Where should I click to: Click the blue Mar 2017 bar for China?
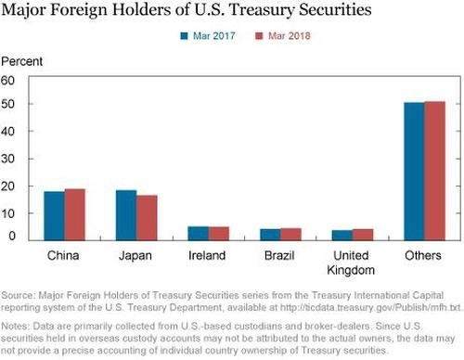click(x=54, y=215)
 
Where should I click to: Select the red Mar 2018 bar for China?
click(x=74, y=214)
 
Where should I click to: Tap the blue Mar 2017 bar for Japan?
click(x=125, y=215)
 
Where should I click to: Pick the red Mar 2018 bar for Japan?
click(x=146, y=217)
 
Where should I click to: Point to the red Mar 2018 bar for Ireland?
click(x=218, y=233)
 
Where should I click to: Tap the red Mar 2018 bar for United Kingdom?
click(x=362, y=234)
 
